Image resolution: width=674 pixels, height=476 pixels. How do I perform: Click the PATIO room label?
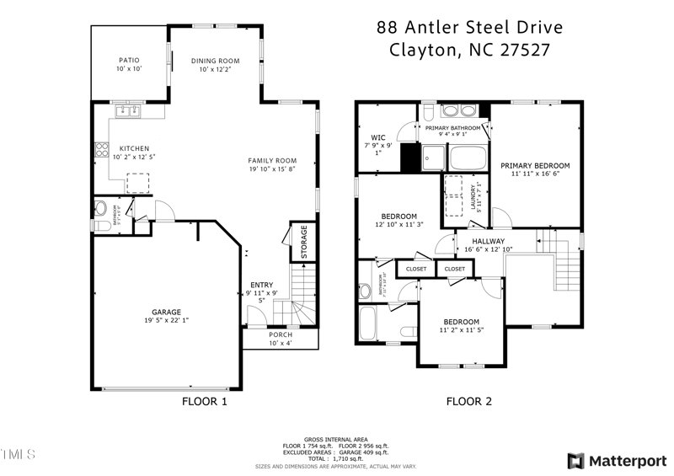pos(129,60)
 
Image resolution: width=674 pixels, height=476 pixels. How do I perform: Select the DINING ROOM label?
pos(215,61)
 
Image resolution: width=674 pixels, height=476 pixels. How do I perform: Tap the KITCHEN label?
pos(134,147)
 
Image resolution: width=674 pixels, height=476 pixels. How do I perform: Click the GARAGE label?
pos(166,312)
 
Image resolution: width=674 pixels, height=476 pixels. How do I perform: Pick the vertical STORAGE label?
pos(304,243)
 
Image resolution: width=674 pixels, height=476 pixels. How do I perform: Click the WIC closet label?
pos(377,137)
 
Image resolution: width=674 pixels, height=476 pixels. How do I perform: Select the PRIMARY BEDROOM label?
pos(535,165)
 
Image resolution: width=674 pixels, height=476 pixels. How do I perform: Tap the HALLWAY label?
pos(488,241)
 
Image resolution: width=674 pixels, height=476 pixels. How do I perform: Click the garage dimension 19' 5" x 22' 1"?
pos(166,320)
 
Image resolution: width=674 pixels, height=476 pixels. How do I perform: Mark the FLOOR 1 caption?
pos(205,402)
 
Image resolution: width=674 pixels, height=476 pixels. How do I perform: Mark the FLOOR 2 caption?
pos(468,402)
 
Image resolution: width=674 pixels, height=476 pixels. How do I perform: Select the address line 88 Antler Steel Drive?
pos(469,28)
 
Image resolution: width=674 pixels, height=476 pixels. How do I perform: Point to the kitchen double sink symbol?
pos(131,110)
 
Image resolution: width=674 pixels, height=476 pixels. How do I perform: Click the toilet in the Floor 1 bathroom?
pos(100,208)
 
